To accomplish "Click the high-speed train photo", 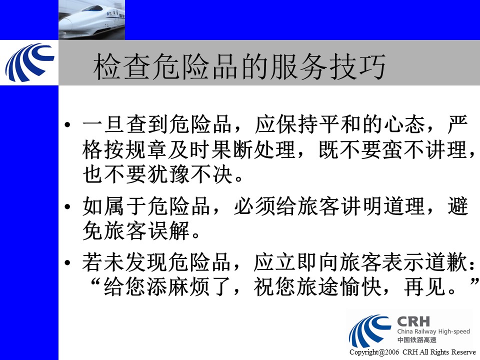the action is [x=92, y=19].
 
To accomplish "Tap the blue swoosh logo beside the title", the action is [x=29, y=63].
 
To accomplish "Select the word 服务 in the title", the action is [x=298, y=66].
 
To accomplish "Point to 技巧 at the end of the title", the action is [x=356, y=66].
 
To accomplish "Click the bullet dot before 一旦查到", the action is [x=67, y=124].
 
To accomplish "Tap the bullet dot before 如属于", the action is [x=67, y=206].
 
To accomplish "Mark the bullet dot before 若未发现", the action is [x=67, y=262].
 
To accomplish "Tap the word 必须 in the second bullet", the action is [x=254, y=206].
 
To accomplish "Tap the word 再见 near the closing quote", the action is [x=425, y=287].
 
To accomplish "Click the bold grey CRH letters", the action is [x=413, y=321].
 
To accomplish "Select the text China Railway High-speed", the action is [x=433, y=331].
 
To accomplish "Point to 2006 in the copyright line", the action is [x=392, y=352].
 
